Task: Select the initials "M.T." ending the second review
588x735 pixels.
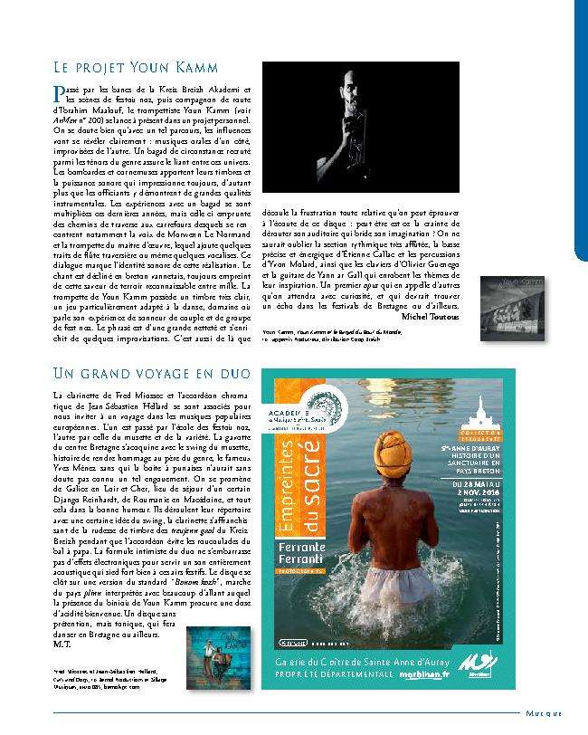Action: pyautogui.click(x=61, y=645)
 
